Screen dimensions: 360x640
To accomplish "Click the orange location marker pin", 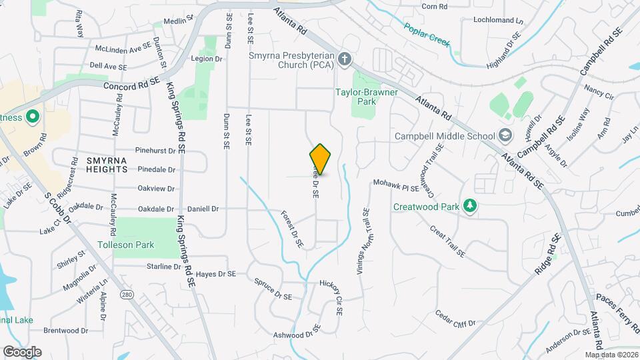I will (320, 159).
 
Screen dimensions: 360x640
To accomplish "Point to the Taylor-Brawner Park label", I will (366, 97).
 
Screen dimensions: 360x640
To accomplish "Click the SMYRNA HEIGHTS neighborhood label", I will (97, 165).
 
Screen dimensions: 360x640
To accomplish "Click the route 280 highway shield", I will (126, 294).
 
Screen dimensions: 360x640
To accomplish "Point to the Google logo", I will (22, 351).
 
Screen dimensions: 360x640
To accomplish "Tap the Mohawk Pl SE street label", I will (396, 185).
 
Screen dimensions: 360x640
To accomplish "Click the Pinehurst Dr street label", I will (155, 151).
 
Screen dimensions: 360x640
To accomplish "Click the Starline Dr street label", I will (163, 267).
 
